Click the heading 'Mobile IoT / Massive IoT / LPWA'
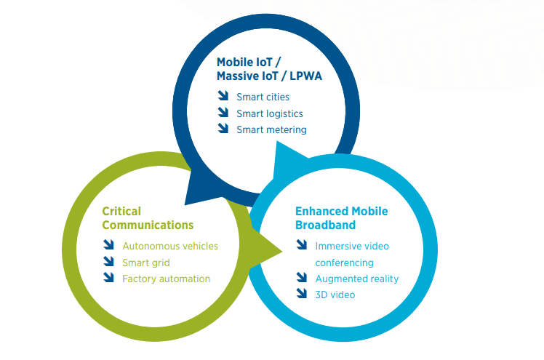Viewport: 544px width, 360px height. tap(269, 69)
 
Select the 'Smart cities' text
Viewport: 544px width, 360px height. tap(263, 97)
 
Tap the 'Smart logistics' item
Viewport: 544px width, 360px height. tap(269, 113)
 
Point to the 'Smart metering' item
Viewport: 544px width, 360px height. tap(271, 130)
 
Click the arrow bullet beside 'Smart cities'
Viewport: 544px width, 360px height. tap(223, 96)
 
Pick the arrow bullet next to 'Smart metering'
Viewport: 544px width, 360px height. tap(223, 129)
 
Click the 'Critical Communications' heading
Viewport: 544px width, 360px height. tap(148, 217)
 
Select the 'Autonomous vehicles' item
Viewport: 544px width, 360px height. tap(170, 246)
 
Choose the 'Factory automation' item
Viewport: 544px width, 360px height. tap(166, 279)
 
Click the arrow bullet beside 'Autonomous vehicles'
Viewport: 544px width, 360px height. tap(109, 245)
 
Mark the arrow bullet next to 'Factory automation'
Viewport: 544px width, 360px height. tap(109, 277)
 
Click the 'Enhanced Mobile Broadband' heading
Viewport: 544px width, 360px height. tap(341, 217)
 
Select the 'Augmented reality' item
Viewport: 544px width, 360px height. tap(356, 279)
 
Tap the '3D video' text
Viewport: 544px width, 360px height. tap(335, 295)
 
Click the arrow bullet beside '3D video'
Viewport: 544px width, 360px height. tap(302, 294)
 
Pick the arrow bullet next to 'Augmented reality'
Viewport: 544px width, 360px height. tap(302, 277)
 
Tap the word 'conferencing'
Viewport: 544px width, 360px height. tap(344, 263)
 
